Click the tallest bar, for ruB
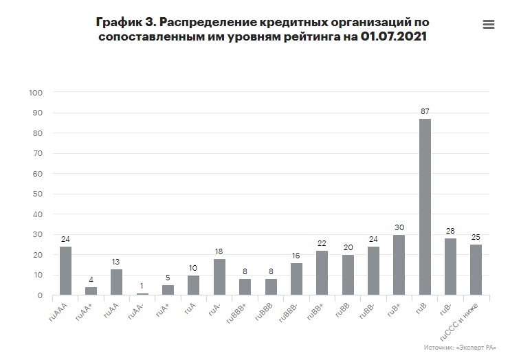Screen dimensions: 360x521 (425, 207)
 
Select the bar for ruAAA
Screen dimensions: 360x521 (65, 271)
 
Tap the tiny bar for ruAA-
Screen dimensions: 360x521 (142, 294)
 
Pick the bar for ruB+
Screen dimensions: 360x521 (399, 265)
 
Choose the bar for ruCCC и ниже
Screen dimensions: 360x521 (476, 270)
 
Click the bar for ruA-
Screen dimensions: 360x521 (220, 277)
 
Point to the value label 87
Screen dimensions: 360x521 (425, 111)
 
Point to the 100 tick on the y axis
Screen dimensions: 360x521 (36, 93)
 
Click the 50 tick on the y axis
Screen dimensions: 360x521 (38, 194)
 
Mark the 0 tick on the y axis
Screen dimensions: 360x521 (41, 295)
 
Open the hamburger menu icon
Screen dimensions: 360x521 (489, 24)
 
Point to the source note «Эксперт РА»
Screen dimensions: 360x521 (478, 348)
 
